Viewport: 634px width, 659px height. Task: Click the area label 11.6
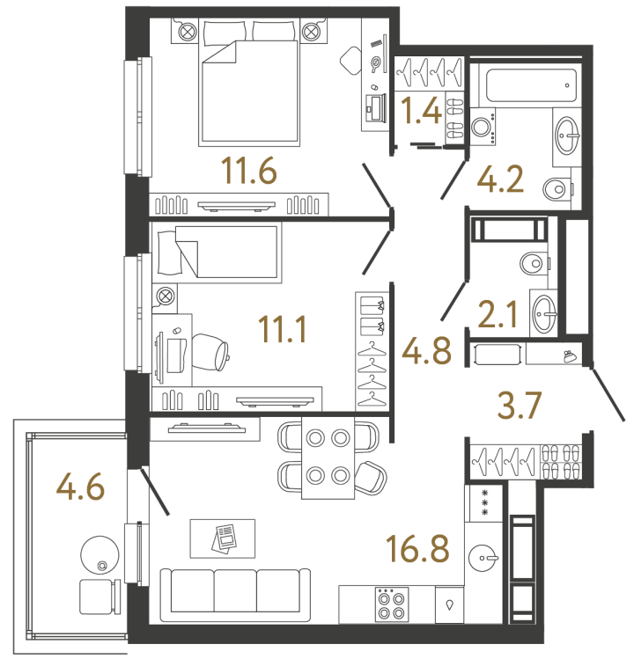248,170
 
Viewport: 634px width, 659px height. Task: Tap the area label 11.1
283,329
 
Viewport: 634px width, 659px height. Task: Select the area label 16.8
417,548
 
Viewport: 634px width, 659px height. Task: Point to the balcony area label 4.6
80,487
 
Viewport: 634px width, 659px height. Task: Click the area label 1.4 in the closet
421,111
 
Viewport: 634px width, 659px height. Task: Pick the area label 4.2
500,179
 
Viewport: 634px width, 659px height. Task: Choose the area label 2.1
498,314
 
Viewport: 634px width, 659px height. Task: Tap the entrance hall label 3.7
519,405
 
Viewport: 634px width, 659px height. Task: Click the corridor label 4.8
426,350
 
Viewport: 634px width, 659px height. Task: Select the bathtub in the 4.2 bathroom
531,85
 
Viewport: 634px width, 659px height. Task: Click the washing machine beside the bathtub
483,127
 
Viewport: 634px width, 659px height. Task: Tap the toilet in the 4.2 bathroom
558,189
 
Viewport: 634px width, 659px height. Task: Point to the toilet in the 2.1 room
534,264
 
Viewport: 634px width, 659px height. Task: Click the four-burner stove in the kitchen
392,604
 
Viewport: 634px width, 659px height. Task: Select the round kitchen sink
483,558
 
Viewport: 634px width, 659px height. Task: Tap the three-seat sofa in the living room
236,595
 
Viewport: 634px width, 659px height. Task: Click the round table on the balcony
100,555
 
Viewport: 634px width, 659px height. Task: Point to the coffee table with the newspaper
223,538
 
